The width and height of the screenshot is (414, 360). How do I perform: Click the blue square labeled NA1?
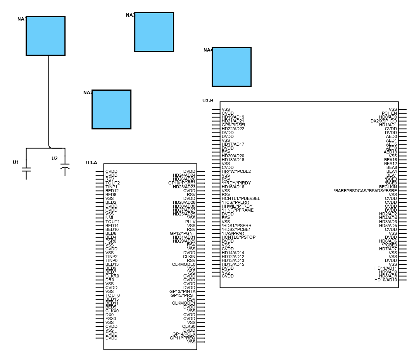45,36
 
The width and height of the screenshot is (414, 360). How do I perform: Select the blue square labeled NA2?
111,109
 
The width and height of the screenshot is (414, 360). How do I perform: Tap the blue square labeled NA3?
154,32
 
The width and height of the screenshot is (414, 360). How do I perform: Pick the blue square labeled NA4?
231,67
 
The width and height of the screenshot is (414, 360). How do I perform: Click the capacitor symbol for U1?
26,169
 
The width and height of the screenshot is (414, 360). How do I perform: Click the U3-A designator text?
91,163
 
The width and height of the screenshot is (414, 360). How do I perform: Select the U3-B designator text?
208,101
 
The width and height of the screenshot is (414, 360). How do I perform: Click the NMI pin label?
109,218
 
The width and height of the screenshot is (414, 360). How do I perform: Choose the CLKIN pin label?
189,257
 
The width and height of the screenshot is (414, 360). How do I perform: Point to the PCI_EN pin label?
389,113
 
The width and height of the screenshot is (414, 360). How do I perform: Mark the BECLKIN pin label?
388,187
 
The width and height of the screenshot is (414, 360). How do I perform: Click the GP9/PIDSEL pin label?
234,125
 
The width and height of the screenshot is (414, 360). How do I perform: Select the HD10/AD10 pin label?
386,280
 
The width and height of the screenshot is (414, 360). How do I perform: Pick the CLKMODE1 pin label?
184,303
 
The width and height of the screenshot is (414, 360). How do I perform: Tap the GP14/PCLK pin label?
184,334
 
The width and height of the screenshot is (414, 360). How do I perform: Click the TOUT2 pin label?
112,183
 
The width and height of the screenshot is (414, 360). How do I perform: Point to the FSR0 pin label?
111,241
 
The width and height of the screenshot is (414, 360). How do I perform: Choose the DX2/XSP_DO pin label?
384,121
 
